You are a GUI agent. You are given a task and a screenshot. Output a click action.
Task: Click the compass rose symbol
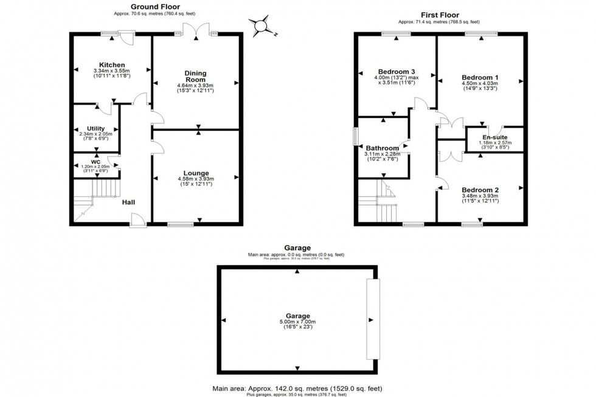coord(262,26)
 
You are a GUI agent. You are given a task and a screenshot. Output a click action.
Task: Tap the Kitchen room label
coord(113,65)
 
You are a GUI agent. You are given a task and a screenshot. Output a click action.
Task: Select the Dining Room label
coord(196,75)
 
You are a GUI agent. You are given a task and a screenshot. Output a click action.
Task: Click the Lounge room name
coord(195,173)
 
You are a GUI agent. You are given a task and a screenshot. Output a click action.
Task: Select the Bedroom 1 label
coord(480,77)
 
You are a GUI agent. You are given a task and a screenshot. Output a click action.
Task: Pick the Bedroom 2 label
coord(480,190)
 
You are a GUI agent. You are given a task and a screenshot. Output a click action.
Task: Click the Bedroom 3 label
coord(396,70)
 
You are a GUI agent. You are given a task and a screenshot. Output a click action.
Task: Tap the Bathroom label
coord(383,148)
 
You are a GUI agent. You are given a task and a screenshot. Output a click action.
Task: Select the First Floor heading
coord(440,15)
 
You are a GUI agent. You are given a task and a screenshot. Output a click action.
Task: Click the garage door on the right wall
coord(372,320)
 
